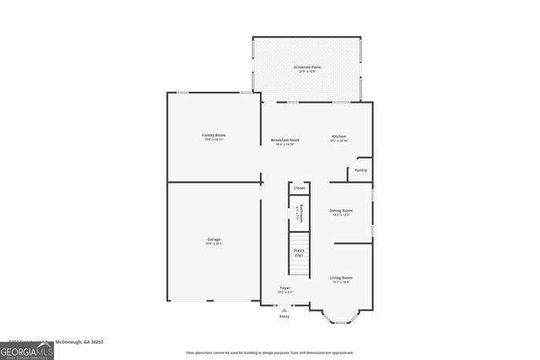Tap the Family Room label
coord(213,135)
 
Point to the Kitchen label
coord(338,136)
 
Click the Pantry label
coord(360,170)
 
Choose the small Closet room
coord(299,188)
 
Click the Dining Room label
coord(341,210)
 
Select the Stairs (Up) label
coord(299,252)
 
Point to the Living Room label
coord(341,277)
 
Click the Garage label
coord(214,239)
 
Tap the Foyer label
coord(285,288)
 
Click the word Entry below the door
coord(283,316)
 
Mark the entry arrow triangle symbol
coord(283,309)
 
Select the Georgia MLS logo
coord(27,350)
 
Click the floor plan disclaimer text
coord(270,352)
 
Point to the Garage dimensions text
coord(214,244)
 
